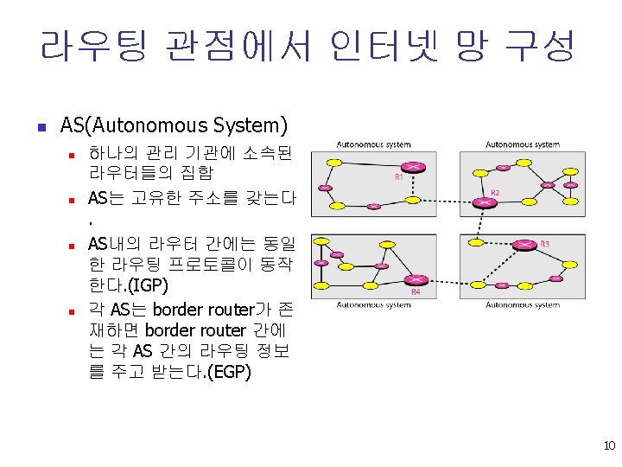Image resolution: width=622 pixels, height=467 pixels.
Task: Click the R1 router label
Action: click(399, 177)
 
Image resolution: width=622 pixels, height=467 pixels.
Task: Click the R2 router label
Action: click(496, 192)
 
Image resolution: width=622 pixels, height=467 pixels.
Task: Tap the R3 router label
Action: click(544, 245)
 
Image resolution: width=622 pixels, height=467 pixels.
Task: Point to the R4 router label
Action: click(416, 292)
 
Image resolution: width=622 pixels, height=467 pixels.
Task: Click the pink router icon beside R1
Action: click(414, 166)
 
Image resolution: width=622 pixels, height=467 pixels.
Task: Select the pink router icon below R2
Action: click(485, 203)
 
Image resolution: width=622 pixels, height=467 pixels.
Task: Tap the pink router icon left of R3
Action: click(523, 246)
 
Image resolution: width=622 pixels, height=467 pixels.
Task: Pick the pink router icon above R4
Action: click(417, 279)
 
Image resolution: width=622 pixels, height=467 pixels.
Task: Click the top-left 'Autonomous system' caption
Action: click(373, 144)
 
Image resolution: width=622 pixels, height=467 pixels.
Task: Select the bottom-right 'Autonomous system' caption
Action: click(522, 304)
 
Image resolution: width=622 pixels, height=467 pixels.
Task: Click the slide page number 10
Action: click(609, 446)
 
